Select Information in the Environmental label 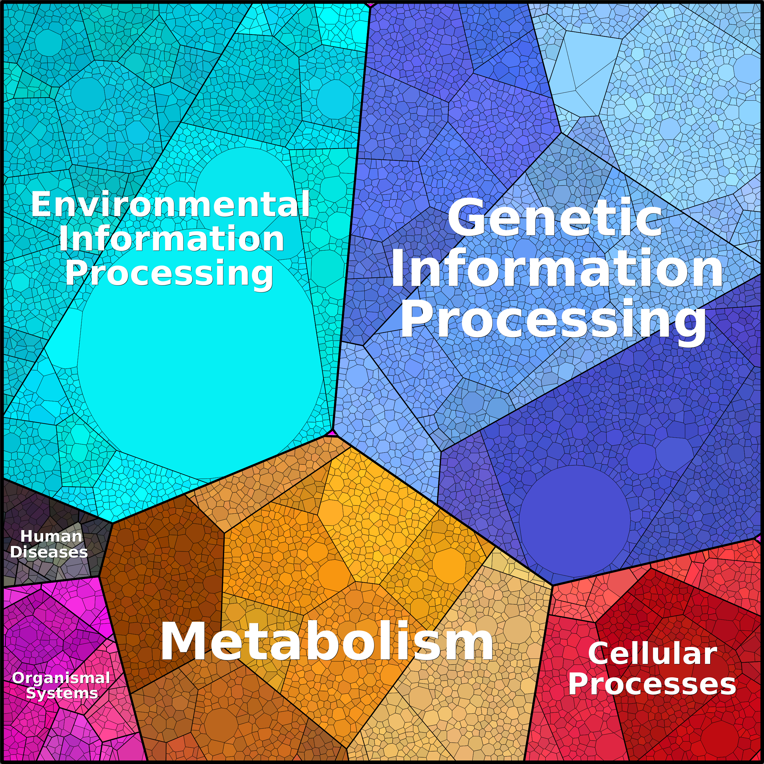pyautogui.click(x=171, y=238)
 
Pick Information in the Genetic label pyautogui.click(x=557, y=269)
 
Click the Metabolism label pyautogui.click(x=327, y=641)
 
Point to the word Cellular pyautogui.click(x=652, y=654)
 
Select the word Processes pyautogui.click(x=652, y=684)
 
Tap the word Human pyautogui.click(x=51, y=537)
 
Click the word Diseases pyautogui.click(x=49, y=552)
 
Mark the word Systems pyautogui.click(x=62, y=693)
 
